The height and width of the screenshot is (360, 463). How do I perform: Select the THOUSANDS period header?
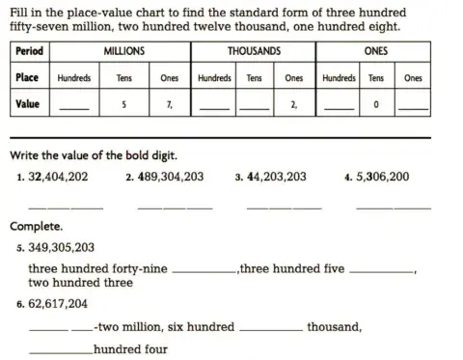(x=254, y=50)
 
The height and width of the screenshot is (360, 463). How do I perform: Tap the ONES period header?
(x=376, y=50)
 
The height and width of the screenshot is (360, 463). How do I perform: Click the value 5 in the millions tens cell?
(x=123, y=104)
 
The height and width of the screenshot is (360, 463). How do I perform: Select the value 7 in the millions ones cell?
(x=169, y=104)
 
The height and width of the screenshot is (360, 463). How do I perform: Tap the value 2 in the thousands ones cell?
(x=292, y=104)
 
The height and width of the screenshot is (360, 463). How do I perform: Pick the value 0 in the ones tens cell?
(x=375, y=104)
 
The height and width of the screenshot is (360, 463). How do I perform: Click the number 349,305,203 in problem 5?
(x=62, y=247)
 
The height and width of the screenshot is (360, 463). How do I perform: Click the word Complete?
(x=37, y=227)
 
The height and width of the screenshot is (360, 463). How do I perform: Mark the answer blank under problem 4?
(x=393, y=208)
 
